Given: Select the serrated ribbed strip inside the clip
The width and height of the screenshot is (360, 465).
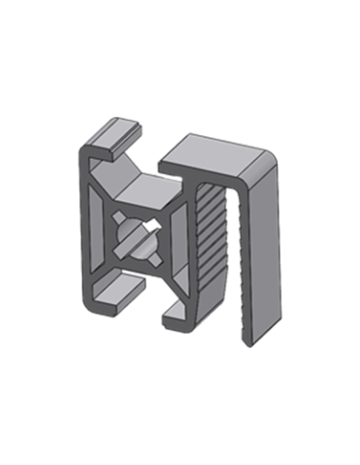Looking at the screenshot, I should [210, 232].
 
